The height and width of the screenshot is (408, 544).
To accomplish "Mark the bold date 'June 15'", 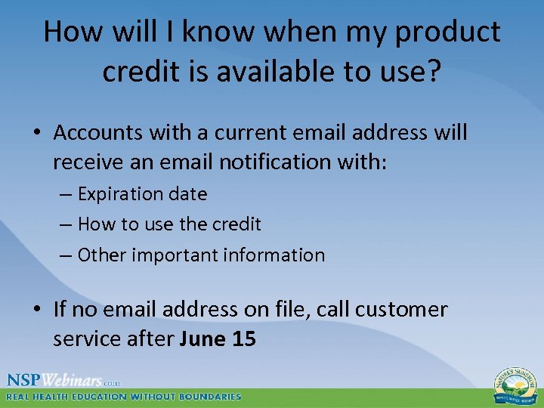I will [218, 339].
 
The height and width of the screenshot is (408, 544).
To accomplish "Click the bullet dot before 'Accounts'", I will [37, 134].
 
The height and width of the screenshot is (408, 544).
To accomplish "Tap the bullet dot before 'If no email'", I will [37, 311].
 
